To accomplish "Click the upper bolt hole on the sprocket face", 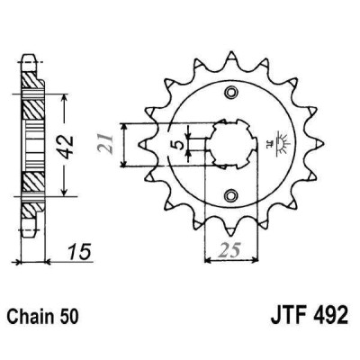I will coord(233,94).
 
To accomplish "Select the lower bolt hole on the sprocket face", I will coord(233,193).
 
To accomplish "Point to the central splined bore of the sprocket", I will coord(232,144).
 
